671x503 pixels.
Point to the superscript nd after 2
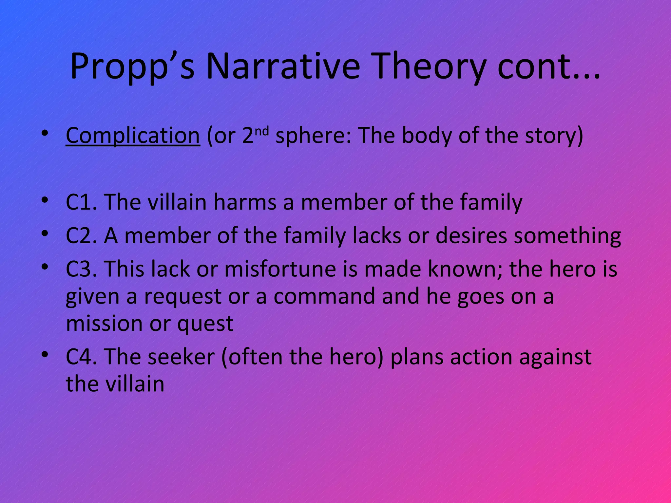tap(262, 131)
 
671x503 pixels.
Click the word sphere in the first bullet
tap(313, 136)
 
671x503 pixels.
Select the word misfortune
tap(280, 269)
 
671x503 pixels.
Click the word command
tap(324, 296)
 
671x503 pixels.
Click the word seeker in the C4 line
tap(181, 357)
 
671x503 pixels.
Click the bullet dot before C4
tap(45, 355)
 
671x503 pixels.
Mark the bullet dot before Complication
tap(45, 134)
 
